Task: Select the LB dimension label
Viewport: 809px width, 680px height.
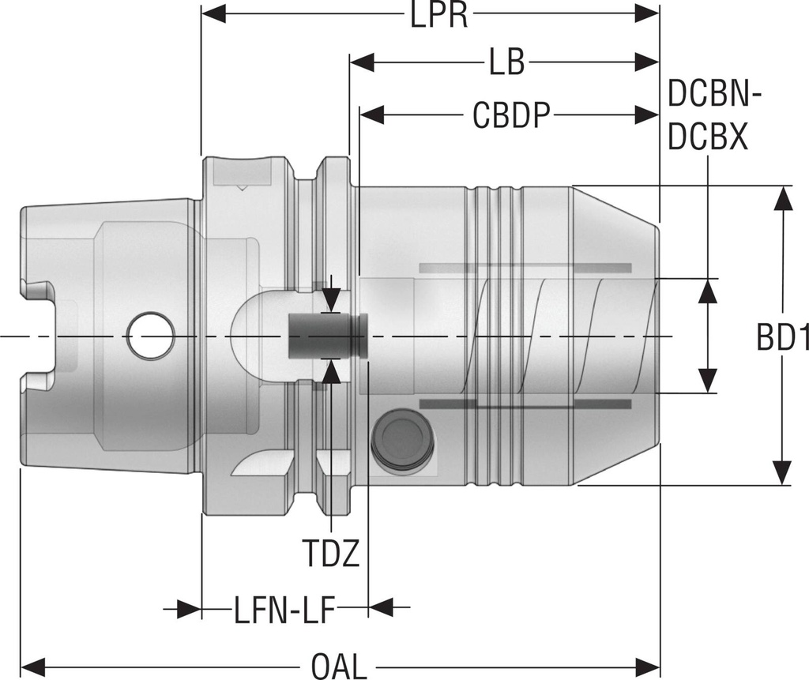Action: [506, 64]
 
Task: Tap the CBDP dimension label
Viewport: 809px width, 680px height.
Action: [511, 115]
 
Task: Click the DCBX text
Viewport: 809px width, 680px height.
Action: [708, 138]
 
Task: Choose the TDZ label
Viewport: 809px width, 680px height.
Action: [332, 554]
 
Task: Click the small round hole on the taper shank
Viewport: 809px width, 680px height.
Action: [152, 336]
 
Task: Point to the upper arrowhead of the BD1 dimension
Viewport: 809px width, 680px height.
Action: [782, 198]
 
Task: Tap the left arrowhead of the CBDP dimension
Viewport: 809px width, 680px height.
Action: [372, 115]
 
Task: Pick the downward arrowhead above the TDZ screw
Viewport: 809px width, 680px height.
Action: [332, 299]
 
